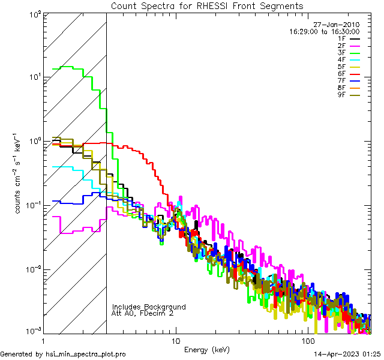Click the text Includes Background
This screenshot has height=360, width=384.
149,307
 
